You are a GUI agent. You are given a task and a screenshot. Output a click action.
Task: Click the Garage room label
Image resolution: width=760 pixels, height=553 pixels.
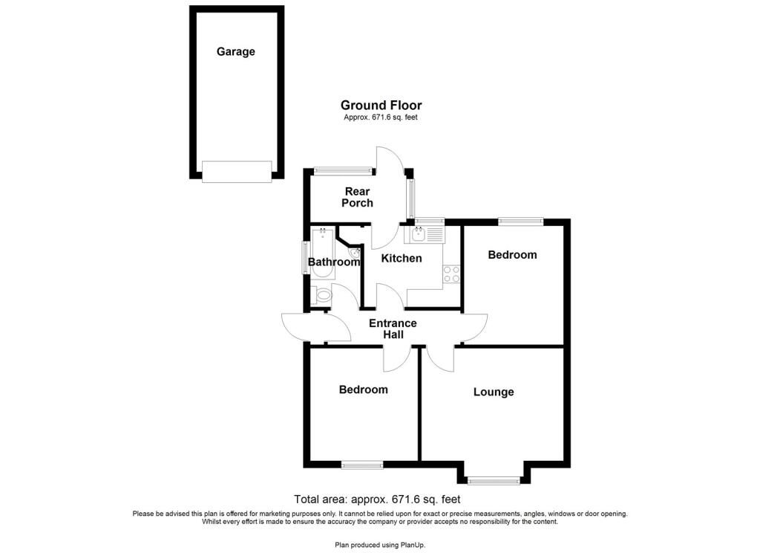coord(235,51)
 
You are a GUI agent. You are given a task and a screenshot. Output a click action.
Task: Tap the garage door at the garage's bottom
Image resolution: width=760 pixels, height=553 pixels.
coord(237,172)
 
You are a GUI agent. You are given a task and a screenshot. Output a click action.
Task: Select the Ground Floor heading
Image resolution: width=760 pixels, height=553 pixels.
coord(381,105)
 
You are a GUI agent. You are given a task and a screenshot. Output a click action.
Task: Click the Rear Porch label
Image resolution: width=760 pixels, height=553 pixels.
coord(357,197)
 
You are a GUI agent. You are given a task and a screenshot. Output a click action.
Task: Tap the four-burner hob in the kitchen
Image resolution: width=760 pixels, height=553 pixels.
coord(452,274)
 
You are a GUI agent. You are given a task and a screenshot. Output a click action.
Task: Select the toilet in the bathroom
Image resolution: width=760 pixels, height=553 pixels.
coord(321,294)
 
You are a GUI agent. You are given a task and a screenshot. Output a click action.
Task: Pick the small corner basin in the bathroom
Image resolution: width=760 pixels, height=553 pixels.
coord(355,253)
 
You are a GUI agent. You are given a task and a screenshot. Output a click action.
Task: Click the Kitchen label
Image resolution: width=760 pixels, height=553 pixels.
coord(402,259)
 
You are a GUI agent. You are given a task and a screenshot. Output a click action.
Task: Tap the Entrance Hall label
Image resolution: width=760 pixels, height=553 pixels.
coord(393,329)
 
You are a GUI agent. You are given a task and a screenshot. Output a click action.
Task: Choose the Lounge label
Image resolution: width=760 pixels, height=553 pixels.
coord(494,392)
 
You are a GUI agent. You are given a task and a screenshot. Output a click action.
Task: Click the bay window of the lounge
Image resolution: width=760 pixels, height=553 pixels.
coord(494,480)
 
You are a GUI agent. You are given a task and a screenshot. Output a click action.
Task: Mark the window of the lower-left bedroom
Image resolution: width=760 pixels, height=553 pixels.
coord(362,465)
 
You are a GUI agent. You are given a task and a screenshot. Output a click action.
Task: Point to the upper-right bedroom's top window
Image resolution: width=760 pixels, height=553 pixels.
coord(521,222)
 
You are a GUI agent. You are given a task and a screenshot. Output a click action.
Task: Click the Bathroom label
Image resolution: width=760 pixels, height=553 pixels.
coord(334,262)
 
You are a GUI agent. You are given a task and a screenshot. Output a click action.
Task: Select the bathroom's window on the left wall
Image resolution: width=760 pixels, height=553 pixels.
coord(306,258)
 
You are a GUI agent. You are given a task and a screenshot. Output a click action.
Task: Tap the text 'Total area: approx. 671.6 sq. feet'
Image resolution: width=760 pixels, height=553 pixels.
coord(377,499)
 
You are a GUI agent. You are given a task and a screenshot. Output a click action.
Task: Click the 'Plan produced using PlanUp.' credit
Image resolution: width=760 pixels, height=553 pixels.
coord(380,545)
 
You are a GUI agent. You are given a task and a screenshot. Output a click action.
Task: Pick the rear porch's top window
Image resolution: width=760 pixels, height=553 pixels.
coord(343,170)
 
